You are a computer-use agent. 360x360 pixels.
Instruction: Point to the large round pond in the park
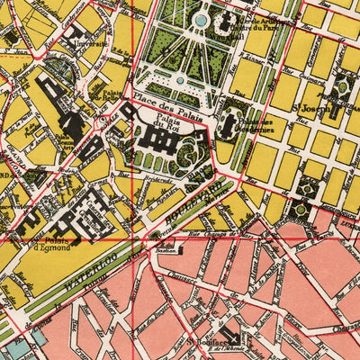[202, 19]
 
